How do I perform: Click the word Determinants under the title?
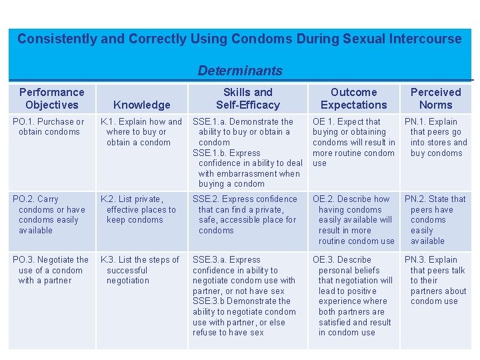pyautogui.click(x=240, y=71)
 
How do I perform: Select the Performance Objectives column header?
pyautogui.click(x=51, y=99)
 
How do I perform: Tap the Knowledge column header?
pyautogui.click(x=142, y=105)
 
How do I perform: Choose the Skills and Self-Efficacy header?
pyautogui.click(x=247, y=99)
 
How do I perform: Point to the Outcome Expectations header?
pyautogui.click(x=353, y=99)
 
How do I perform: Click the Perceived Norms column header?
pyautogui.click(x=435, y=99)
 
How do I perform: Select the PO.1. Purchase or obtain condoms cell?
pyautogui.click(x=51, y=127)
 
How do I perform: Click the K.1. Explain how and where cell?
pyautogui.click(x=141, y=132)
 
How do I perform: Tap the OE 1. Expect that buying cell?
pyautogui.click(x=353, y=142)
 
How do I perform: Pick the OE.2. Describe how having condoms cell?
pyautogui.click(x=355, y=220)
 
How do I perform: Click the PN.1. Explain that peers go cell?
pyautogui.click(x=437, y=137)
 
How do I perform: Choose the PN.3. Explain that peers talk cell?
pyautogui.click(x=437, y=280)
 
